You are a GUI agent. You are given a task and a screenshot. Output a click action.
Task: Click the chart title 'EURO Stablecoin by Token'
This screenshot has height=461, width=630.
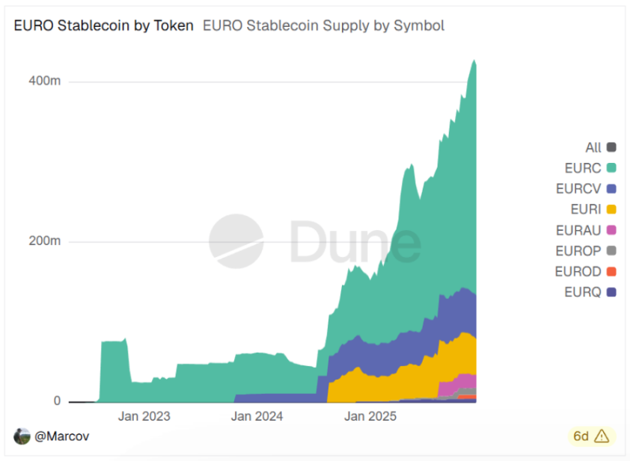click(x=103, y=25)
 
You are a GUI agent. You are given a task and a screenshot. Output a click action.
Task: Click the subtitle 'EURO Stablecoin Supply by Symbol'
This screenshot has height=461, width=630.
click(x=323, y=25)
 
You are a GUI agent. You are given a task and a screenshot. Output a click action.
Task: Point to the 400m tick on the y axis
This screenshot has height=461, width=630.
click(x=45, y=81)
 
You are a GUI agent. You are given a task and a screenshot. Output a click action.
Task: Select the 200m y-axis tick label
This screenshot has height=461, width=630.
click(x=45, y=241)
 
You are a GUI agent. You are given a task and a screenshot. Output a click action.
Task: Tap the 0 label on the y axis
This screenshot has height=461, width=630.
click(x=56, y=401)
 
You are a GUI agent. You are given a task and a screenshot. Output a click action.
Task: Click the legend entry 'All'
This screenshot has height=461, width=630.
click(x=593, y=148)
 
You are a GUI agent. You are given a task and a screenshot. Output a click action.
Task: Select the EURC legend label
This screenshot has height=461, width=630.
click(x=583, y=168)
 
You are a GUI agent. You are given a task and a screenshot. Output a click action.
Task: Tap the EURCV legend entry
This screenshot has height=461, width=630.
click(x=578, y=189)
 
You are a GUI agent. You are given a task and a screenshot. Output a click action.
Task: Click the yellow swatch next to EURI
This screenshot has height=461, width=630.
click(x=611, y=209)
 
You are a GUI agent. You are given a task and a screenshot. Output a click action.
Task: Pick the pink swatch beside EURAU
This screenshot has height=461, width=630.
click(x=611, y=230)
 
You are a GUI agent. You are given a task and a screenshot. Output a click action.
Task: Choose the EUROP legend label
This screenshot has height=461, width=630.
click(x=578, y=251)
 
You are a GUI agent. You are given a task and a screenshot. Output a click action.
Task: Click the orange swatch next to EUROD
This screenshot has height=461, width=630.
click(x=611, y=271)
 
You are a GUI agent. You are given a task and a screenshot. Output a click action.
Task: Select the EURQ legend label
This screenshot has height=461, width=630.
click(x=582, y=292)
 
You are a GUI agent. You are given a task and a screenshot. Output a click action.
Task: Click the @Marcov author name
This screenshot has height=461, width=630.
click(x=62, y=436)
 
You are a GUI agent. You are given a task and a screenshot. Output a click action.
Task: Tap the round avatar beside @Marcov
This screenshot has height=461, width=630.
click(x=22, y=436)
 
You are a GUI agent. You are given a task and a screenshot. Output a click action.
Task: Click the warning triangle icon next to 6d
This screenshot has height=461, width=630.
click(x=602, y=436)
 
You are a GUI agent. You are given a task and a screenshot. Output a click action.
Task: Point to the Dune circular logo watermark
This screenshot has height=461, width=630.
click(x=236, y=241)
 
